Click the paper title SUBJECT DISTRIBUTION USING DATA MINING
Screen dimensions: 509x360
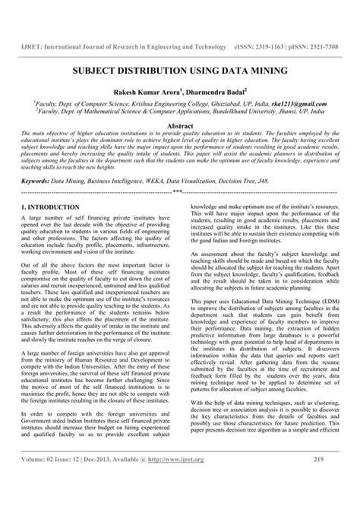click(180, 70)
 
